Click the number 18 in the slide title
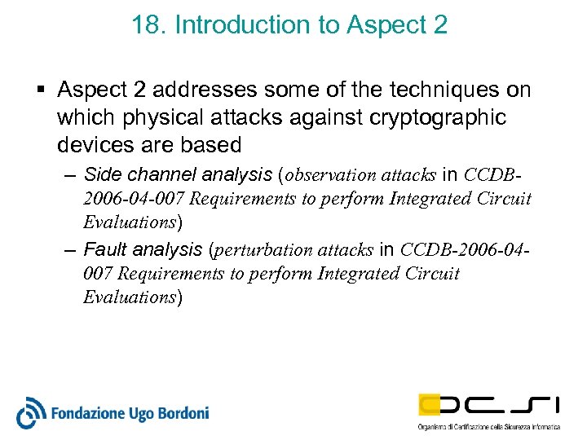pos(145,25)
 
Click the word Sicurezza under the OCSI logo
pos(518,426)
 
